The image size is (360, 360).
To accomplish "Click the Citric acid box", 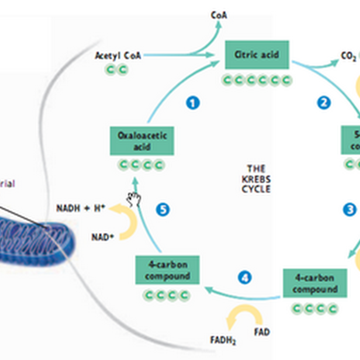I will pos(256,55).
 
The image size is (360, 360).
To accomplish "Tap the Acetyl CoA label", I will pos(118,56).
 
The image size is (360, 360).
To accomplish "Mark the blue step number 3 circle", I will pos(349,209).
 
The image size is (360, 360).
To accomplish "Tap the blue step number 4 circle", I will pos(244,278).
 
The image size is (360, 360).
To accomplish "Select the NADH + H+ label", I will pos(81,209).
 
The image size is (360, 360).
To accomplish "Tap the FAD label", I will pos(261,332).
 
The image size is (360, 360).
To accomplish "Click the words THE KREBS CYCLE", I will pos(256,179).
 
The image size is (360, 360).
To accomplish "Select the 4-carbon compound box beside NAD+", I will pos(167,270).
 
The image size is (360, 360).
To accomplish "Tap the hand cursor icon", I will pos(134,198).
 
